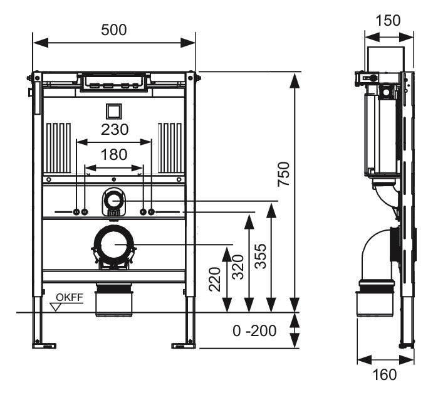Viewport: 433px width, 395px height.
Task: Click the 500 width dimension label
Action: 114,29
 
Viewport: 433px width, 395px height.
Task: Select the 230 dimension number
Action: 114,130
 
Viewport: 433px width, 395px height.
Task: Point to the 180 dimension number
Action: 114,154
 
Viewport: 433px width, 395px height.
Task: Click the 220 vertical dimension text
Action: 215,278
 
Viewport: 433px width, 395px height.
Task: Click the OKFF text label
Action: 69,297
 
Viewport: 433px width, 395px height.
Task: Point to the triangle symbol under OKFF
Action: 58,307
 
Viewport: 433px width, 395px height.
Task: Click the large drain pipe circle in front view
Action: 114,245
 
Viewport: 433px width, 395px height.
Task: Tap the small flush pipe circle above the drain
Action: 113,201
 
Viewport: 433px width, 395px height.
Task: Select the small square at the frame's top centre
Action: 114,111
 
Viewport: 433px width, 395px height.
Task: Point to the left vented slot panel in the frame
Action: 58,148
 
